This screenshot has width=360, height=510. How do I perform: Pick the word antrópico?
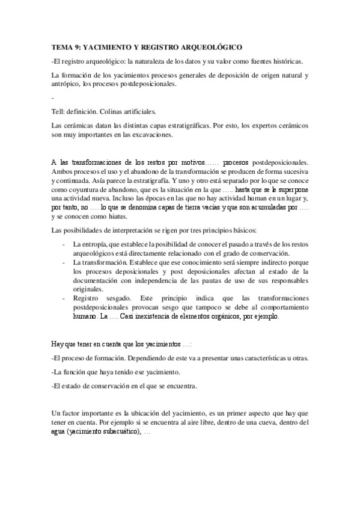(x=66, y=84)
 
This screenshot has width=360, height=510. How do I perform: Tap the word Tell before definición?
(x=57, y=111)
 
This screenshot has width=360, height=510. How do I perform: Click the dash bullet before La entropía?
(x=64, y=245)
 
